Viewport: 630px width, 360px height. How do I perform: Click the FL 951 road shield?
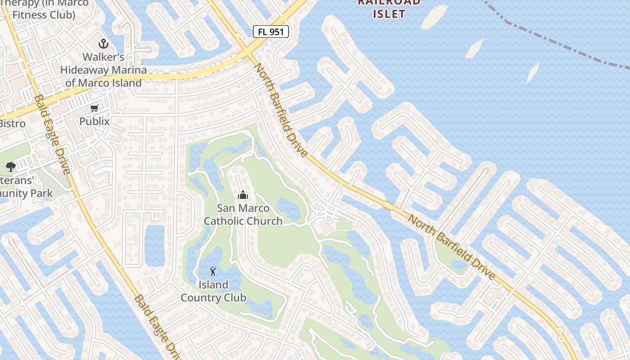270,31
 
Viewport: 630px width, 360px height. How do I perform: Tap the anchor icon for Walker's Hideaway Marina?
104,44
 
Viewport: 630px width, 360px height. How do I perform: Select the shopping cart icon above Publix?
94,108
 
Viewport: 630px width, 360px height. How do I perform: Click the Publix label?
94,121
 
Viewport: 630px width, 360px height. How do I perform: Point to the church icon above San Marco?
243,195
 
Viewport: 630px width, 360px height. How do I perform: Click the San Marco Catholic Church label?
243,214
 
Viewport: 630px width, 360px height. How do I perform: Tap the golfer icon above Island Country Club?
213,271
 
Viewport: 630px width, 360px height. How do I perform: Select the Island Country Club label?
213,291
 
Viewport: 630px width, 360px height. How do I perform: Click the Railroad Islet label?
389,8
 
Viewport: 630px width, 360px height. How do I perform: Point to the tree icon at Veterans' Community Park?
11,167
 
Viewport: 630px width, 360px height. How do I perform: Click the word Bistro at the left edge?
12,124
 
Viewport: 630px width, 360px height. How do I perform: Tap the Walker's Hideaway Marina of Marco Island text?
103,70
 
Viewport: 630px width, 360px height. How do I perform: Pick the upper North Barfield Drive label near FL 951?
281,110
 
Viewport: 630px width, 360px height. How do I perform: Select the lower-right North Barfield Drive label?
451,247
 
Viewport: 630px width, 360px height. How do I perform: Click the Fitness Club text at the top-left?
43,15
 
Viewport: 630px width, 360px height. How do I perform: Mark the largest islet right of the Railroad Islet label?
434,17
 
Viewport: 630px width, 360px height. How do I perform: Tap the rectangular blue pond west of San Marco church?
154,245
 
